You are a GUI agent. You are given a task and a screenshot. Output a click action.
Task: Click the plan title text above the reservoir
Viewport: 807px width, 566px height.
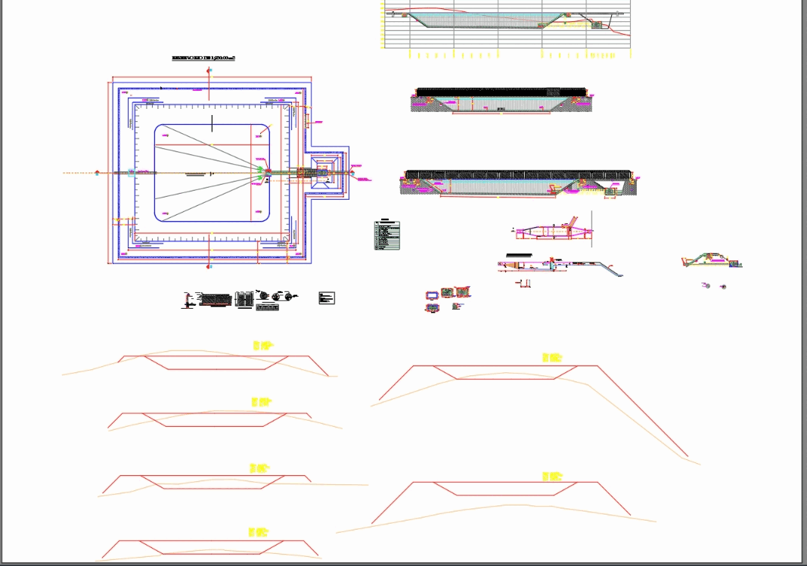pos(203,58)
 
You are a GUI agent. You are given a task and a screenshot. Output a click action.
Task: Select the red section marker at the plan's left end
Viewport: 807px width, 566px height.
pos(98,173)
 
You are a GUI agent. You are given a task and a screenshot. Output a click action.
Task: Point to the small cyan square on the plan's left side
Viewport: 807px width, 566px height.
pos(131,173)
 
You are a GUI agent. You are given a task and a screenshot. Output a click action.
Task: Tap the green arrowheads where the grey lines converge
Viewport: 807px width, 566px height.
pos(262,173)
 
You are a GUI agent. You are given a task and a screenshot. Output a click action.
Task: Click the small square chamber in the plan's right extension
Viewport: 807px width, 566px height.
pos(326,173)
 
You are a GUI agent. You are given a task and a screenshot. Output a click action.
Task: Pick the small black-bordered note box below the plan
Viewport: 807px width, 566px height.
pos(327,298)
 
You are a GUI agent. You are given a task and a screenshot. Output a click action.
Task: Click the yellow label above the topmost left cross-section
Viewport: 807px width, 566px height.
pos(262,345)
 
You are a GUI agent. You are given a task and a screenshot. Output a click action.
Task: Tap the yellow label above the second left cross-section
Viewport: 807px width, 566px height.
pos(262,402)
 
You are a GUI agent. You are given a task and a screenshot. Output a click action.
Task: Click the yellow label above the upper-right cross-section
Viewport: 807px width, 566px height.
pos(552,357)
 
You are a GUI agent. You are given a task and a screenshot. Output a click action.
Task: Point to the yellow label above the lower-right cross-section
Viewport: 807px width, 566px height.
pos(552,477)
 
